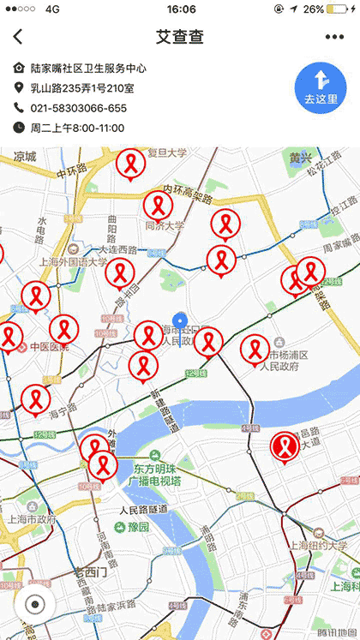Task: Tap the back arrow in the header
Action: (x=18, y=37)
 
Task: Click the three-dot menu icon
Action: (x=334, y=37)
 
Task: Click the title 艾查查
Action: (x=179, y=37)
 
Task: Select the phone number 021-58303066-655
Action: (x=78, y=108)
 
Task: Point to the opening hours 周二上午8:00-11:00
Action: (x=77, y=128)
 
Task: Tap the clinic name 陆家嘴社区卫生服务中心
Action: (x=87, y=68)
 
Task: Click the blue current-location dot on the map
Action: (x=179, y=320)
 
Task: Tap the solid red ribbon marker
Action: (x=285, y=446)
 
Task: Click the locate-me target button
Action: (x=34, y=603)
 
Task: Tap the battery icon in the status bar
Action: (x=339, y=9)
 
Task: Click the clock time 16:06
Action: (x=181, y=9)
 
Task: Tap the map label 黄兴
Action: (x=300, y=158)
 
